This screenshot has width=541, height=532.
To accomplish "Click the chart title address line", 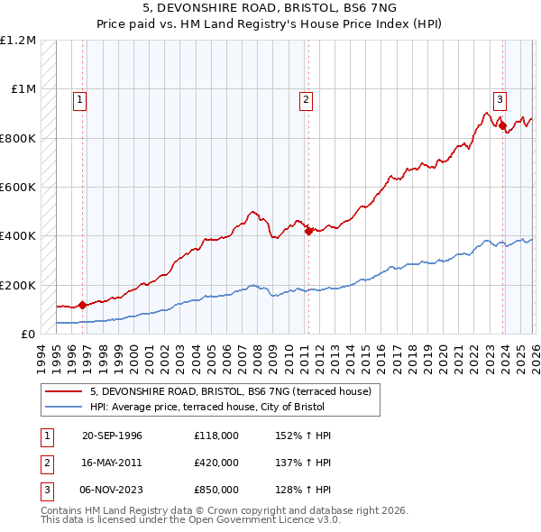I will [x=270, y=7].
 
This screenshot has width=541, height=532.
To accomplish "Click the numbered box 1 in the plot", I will [x=80, y=100].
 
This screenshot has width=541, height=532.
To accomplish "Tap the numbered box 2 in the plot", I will [x=307, y=100].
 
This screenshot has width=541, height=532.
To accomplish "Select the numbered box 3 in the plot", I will [x=500, y=100].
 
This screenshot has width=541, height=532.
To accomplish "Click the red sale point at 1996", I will [x=83, y=305].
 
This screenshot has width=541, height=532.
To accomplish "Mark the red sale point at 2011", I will [x=308, y=231].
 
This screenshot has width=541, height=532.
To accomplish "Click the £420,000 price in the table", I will [x=215, y=463].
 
